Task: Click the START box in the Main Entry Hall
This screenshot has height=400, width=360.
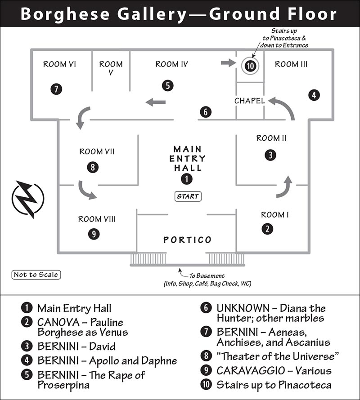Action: click(188, 196)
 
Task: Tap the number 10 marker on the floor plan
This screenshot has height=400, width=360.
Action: click(250, 66)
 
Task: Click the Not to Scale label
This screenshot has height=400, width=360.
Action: click(36, 275)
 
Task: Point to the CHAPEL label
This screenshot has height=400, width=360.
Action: click(249, 101)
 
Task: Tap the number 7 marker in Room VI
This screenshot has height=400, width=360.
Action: click(56, 89)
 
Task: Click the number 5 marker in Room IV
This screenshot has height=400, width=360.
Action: click(167, 85)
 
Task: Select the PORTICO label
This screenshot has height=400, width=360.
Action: click(188, 240)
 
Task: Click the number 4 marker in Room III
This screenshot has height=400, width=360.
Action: click(314, 95)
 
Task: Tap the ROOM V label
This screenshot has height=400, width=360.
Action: click(111, 68)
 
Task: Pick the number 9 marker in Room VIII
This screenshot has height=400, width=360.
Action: click(94, 234)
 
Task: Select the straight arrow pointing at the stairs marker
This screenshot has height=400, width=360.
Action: click(228, 62)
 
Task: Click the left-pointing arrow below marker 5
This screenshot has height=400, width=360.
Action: click(155, 102)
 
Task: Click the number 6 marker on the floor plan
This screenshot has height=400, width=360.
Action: click(206, 112)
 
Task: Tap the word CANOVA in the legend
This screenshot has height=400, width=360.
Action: click(58, 322)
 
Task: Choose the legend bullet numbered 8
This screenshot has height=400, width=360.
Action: click(206, 356)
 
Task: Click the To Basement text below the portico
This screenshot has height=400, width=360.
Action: click(207, 276)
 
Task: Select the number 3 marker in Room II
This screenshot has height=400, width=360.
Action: click(270, 155)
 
